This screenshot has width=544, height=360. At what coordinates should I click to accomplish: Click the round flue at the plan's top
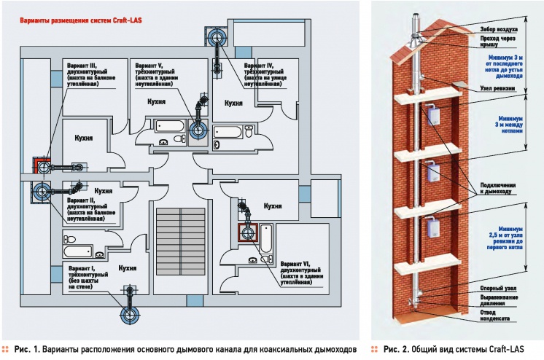(217, 37)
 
